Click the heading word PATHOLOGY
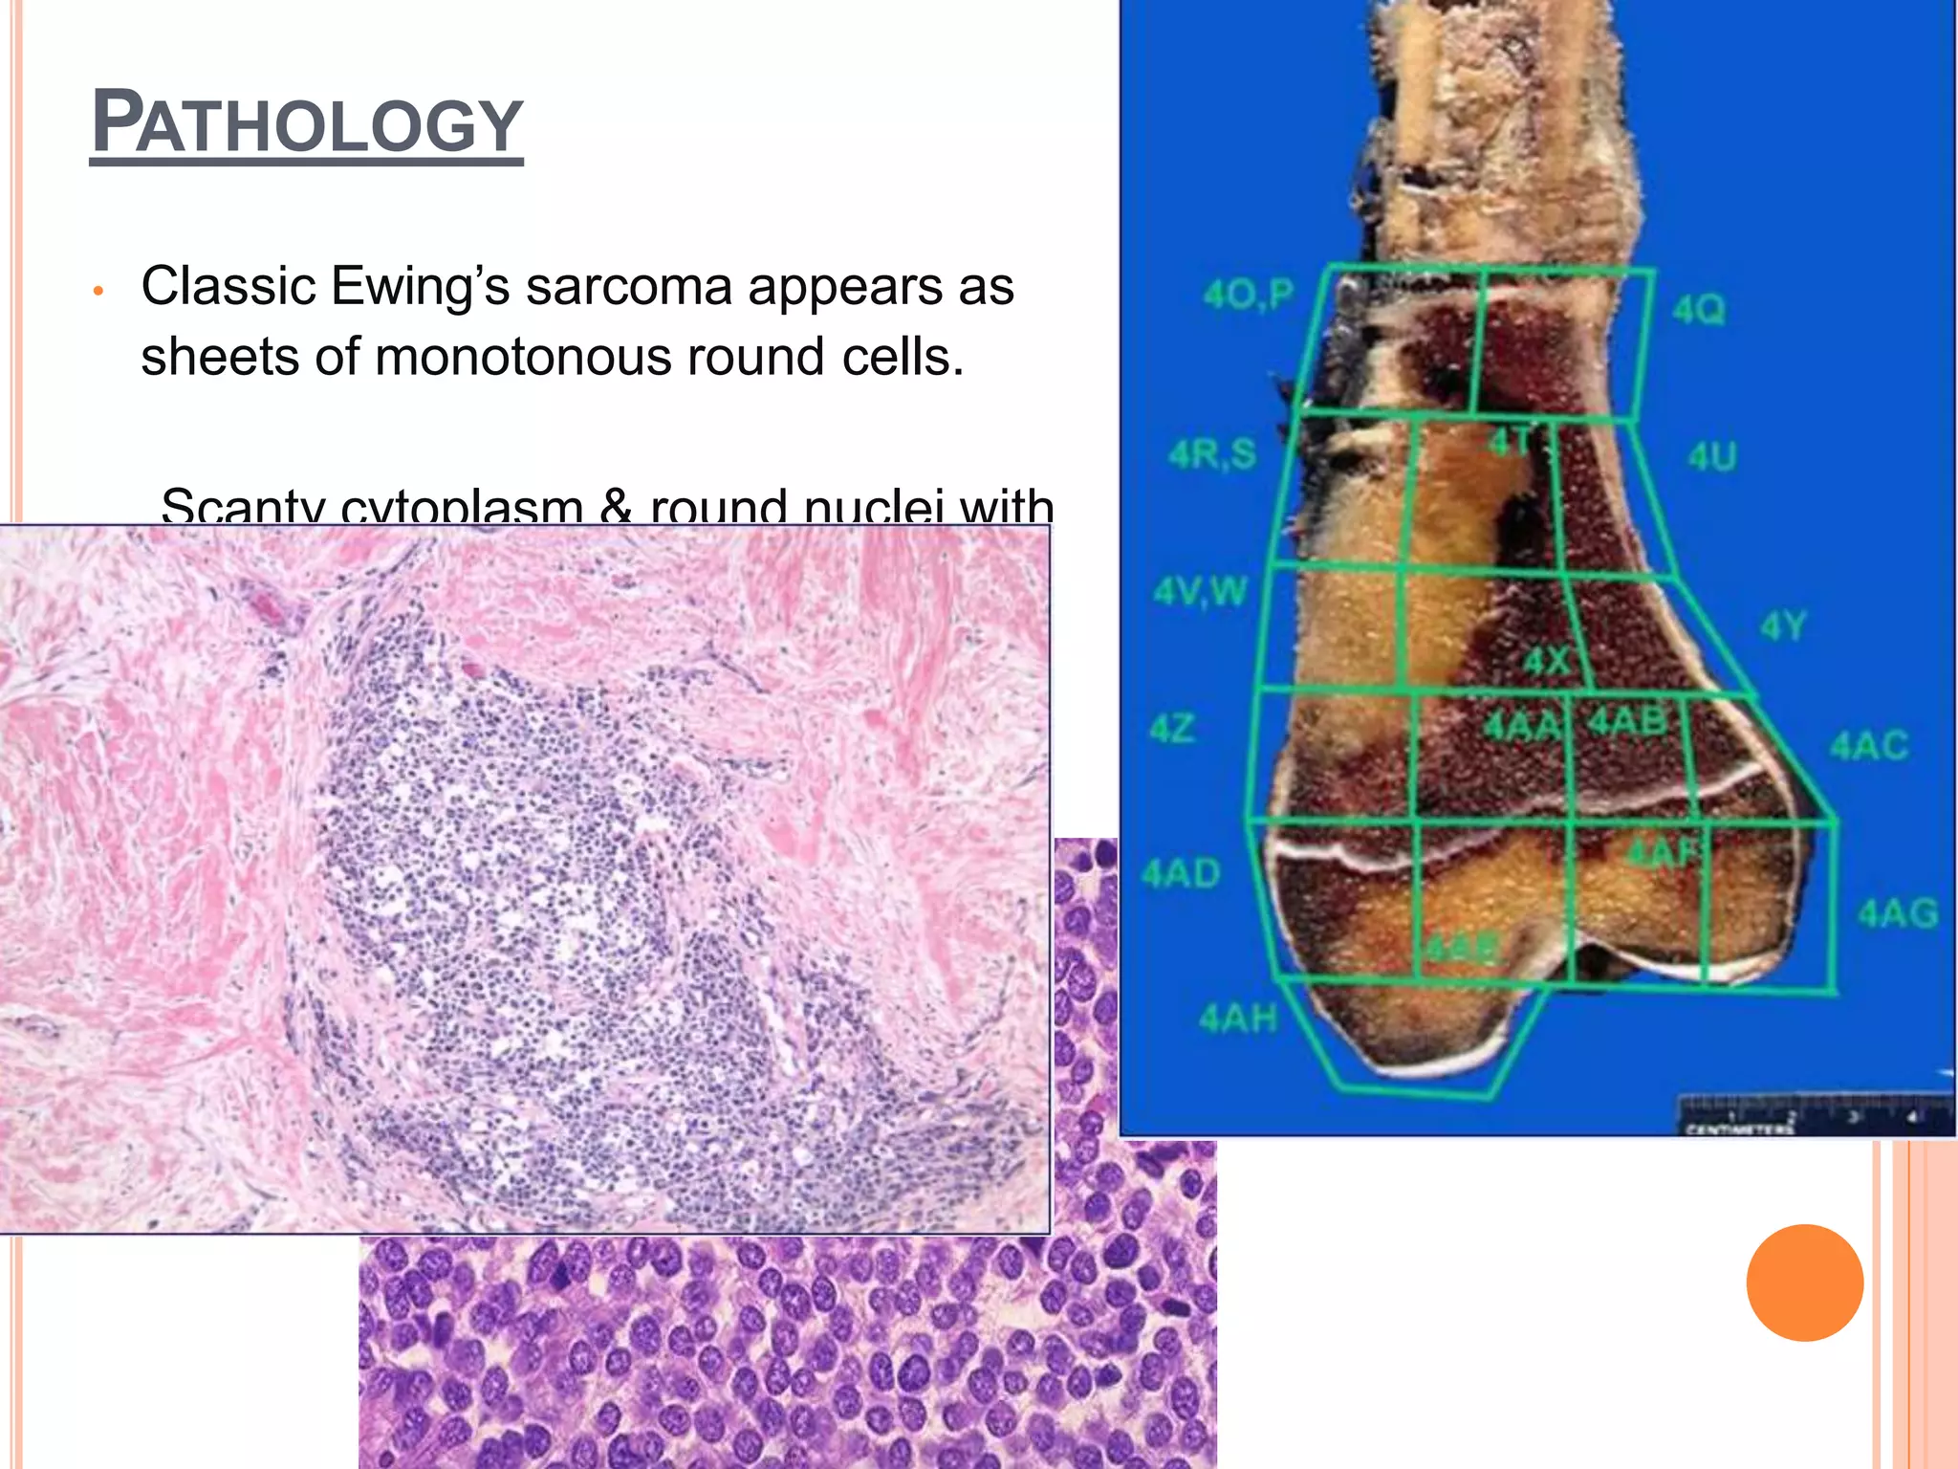pyautogui.click(x=307, y=124)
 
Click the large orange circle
pyautogui.click(x=1804, y=1283)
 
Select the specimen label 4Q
pyautogui.click(x=1699, y=310)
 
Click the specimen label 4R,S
pyautogui.click(x=1212, y=453)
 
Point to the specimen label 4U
pyautogui.click(x=1711, y=457)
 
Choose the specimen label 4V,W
pyautogui.click(x=1201, y=591)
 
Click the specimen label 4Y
pyautogui.click(x=1783, y=627)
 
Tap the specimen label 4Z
pyautogui.click(x=1172, y=729)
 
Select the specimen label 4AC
pyautogui.click(x=1869, y=746)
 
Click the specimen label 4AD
pyautogui.click(x=1182, y=873)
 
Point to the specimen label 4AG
pyautogui.click(x=1898, y=913)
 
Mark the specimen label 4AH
pyautogui.click(x=1238, y=1019)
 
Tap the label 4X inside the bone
pyautogui.click(x=1547, y=661)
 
